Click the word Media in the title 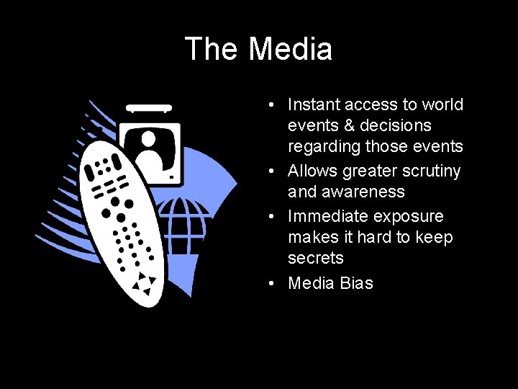291,50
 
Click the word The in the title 212,50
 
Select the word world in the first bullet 442,105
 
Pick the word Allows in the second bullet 312,171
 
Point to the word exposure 410,217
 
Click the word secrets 316,259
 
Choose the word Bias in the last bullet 357,283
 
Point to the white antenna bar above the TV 149,109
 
